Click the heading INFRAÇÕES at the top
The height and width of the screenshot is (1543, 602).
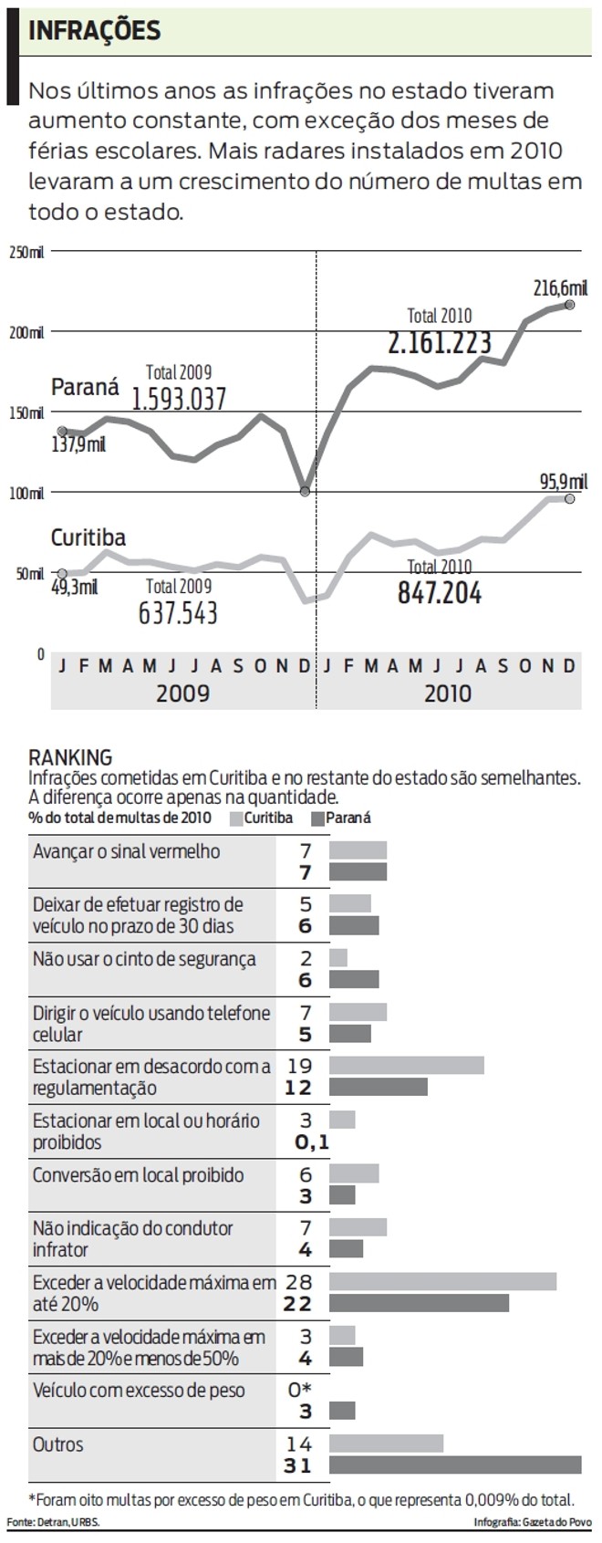(95, 31)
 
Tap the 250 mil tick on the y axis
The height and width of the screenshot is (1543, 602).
(26, 251)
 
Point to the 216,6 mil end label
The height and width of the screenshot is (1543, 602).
(560, 288)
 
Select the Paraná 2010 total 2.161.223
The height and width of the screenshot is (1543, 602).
(440, 343)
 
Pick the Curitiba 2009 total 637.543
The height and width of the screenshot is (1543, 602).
(178, 612)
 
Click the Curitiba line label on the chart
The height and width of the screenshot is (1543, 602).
(88, 537)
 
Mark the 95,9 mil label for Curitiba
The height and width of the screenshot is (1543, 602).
(562, 482)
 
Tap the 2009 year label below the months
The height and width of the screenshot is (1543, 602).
(182, 693)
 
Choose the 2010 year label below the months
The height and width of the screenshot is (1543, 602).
(448, 693)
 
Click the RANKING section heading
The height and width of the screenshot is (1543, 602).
(70, 757)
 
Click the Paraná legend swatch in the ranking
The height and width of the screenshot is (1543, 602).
(318, 818)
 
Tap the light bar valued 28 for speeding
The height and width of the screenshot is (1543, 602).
(442, 1281)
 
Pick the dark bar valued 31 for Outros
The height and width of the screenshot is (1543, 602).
(455, 1465)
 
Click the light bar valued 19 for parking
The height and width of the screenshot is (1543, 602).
(406, 1066)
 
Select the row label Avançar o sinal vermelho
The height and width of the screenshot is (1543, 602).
(127, 851)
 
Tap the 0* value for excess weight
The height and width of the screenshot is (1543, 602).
(300, 1391)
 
